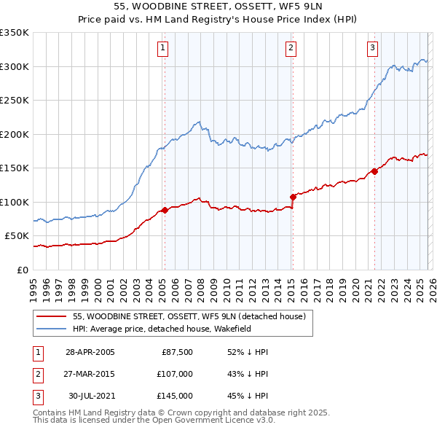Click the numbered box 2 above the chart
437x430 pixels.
click(x=291, y=49)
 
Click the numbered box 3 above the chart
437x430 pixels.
click(x=372, y=49)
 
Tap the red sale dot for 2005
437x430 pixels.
click(x=165, y=210)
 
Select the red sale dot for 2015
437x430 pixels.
click(x=293, y=197)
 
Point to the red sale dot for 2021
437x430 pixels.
click(x=374, y=171)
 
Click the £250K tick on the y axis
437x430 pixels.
click(x=15, y=101)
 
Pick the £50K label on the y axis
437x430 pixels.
click(x=17, y=236)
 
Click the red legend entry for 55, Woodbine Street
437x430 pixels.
click(x=193, y=316)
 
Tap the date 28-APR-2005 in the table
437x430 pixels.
click(x=90, y=352)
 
